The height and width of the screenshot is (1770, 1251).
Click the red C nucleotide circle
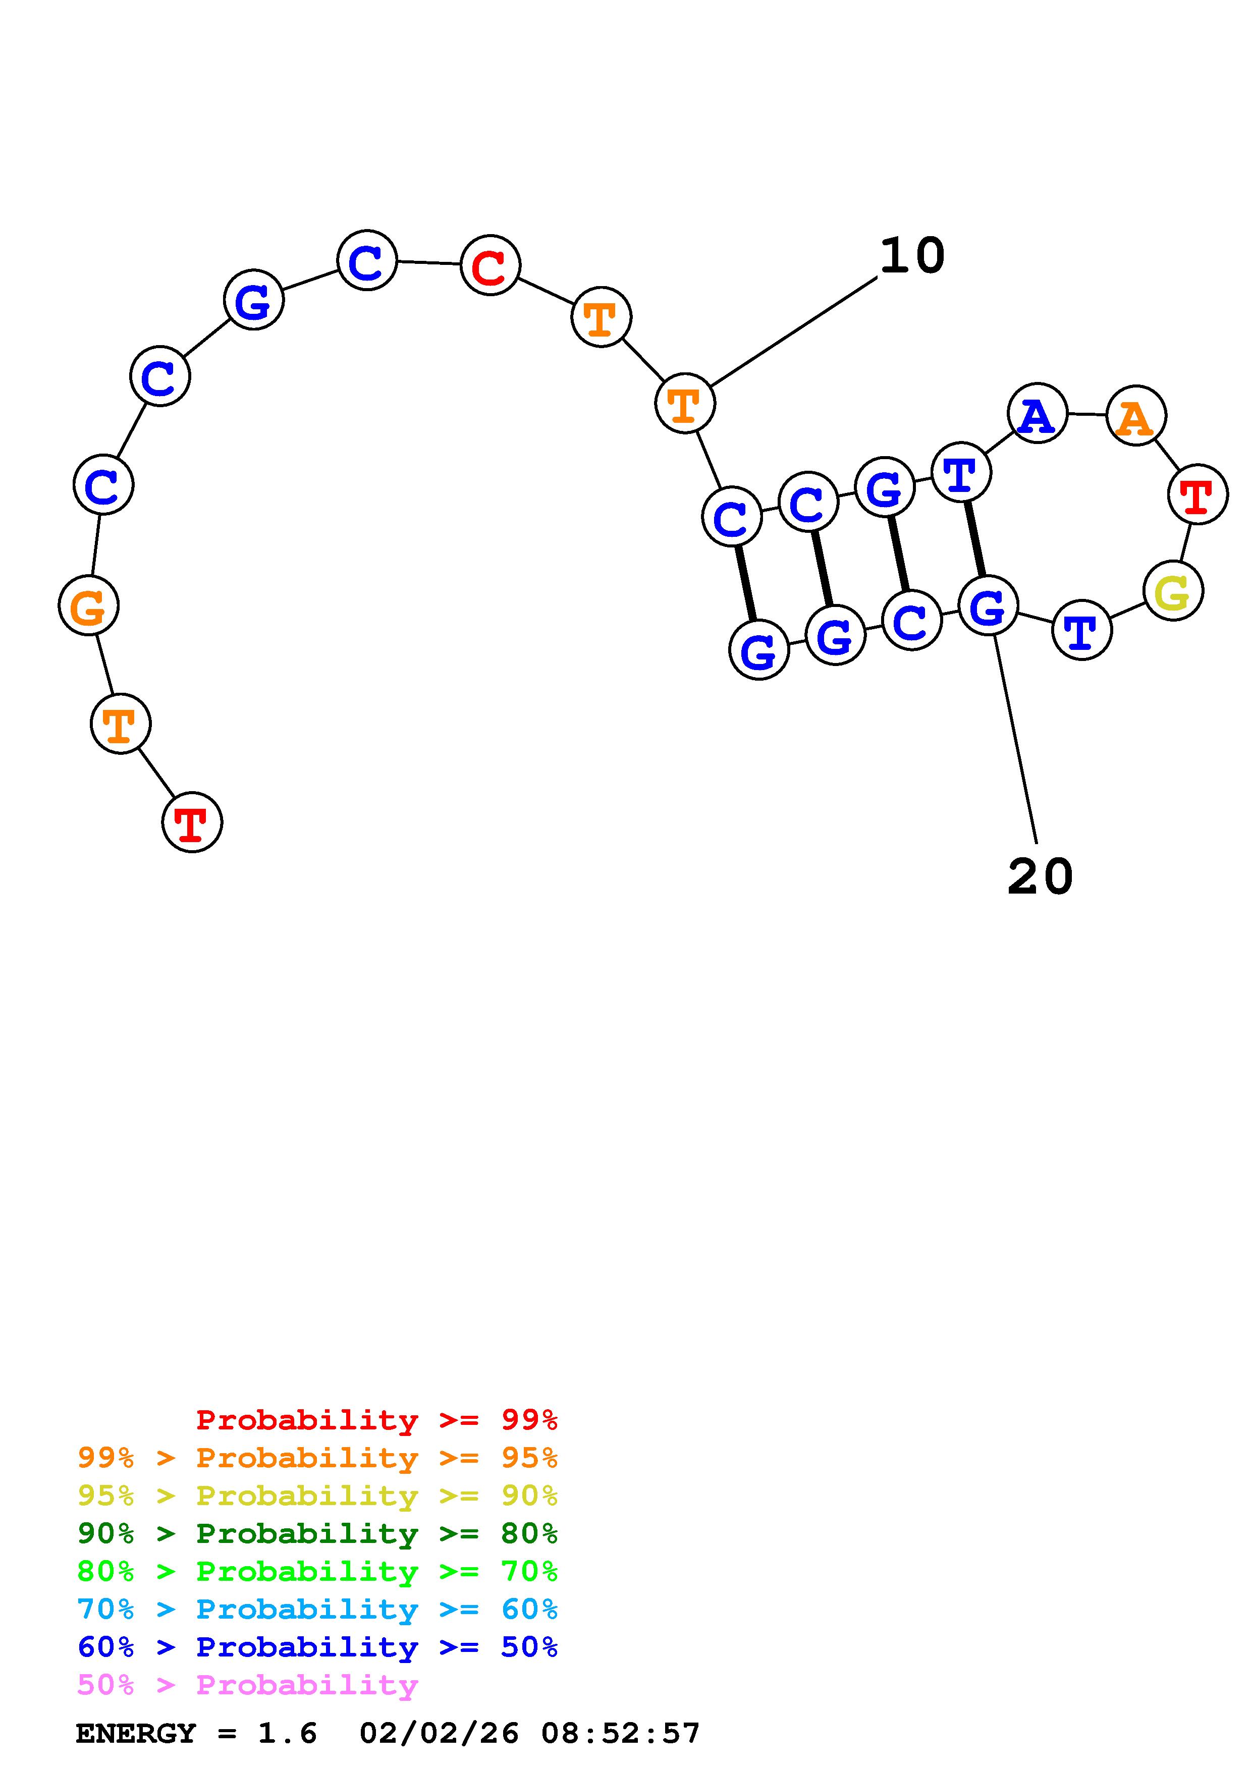coord(490,265)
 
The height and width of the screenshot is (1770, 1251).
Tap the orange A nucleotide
coord(1135,416)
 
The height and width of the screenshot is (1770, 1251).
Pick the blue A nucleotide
coord(1038,413)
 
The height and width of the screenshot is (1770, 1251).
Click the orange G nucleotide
coord(89,606)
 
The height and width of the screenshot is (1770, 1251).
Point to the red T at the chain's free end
coord(192,822)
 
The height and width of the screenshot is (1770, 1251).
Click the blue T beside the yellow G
coord(1081,630)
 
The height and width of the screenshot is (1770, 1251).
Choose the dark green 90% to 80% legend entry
coord(317,1533)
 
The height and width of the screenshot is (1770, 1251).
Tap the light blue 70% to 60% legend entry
coord(317,1609)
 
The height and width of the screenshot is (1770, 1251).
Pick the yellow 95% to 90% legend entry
coord(317,1496)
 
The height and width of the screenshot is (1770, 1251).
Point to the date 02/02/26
coord(440,1733)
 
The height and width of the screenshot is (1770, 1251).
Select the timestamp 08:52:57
coord(621,1733)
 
